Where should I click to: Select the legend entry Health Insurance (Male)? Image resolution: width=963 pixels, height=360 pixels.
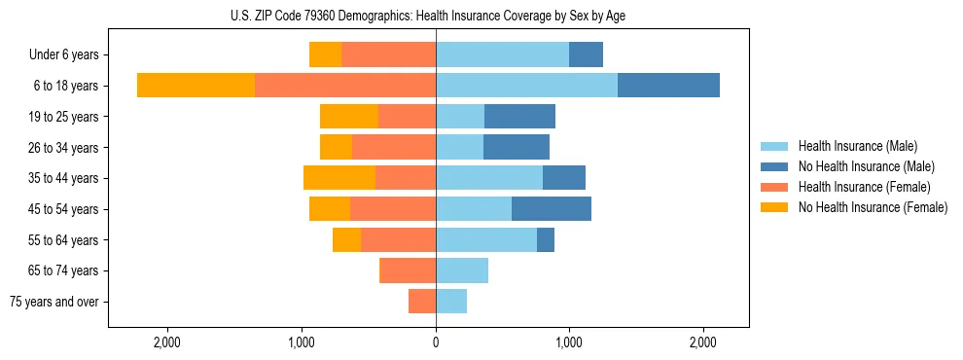[857, 146]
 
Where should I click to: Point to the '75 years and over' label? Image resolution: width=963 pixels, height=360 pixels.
[53, 302]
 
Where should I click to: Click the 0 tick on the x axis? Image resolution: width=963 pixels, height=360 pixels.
[436, 342]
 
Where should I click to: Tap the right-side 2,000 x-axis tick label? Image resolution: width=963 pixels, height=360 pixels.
[703, 342]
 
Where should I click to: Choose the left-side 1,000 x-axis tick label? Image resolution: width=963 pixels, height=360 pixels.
[302, 342]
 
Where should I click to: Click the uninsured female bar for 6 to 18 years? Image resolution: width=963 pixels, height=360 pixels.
[196, 86]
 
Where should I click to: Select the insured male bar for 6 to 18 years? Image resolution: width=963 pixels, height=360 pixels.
[526, 86]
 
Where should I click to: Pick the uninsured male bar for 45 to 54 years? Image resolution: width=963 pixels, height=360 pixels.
[551, 209]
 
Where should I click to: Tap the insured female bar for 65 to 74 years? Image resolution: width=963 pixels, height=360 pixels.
[408, 270]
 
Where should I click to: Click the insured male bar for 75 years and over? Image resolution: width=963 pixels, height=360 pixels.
[451, 302]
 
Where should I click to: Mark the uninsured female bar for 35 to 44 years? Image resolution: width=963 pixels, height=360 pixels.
[339, 178]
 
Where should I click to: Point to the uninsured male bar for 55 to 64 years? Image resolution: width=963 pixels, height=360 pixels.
[546, 239]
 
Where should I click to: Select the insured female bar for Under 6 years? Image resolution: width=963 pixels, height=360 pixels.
[388, 55]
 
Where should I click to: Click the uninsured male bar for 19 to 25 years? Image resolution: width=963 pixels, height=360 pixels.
[519, 117]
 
